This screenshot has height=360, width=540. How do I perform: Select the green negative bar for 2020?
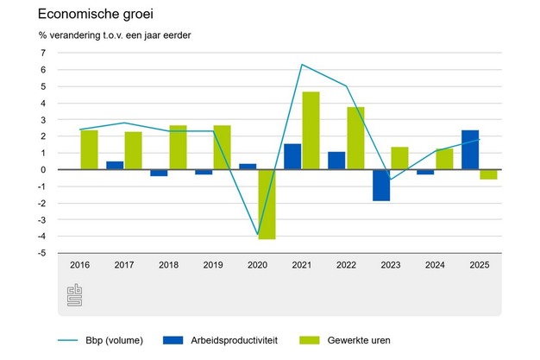click(x=267, y=204)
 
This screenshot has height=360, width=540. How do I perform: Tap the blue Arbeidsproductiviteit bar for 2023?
click(x=381, y=185)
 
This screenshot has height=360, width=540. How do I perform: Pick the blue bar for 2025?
click(x=470, y=149)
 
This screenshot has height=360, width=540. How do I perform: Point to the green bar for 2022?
click(x=355, y=138)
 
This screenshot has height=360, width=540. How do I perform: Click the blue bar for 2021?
click(x=292, y=156)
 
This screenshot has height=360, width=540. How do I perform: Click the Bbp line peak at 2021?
click(x=302, y=65)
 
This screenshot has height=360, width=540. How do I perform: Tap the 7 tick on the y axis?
click(x=41, y=53)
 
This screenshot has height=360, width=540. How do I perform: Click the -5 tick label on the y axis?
click(x=40, y=253)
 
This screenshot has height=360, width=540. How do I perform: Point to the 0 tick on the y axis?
click(x=41, y=170)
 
